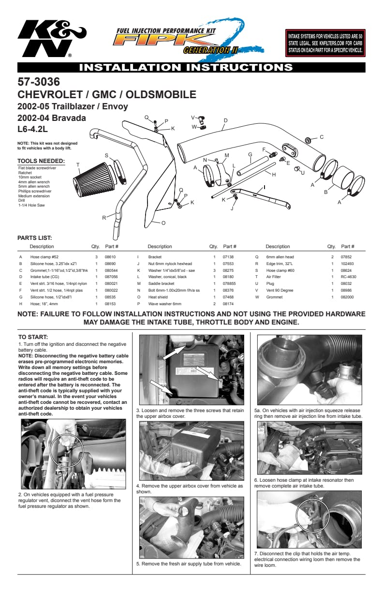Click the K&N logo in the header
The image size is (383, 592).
[51, 41]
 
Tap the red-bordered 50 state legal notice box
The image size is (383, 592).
[325, 43]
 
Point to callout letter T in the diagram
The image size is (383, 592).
[78, 165]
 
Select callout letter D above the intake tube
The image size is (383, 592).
[225, 120]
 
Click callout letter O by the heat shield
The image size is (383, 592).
[163, 223]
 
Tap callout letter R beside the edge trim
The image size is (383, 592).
[104, 218]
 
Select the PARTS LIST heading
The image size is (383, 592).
[34, 238]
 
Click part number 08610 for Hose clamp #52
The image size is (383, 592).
[110, 257]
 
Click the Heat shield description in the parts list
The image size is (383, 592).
[158, 297]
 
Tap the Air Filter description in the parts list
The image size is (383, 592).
[273, 277]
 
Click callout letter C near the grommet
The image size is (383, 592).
[321, 137]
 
